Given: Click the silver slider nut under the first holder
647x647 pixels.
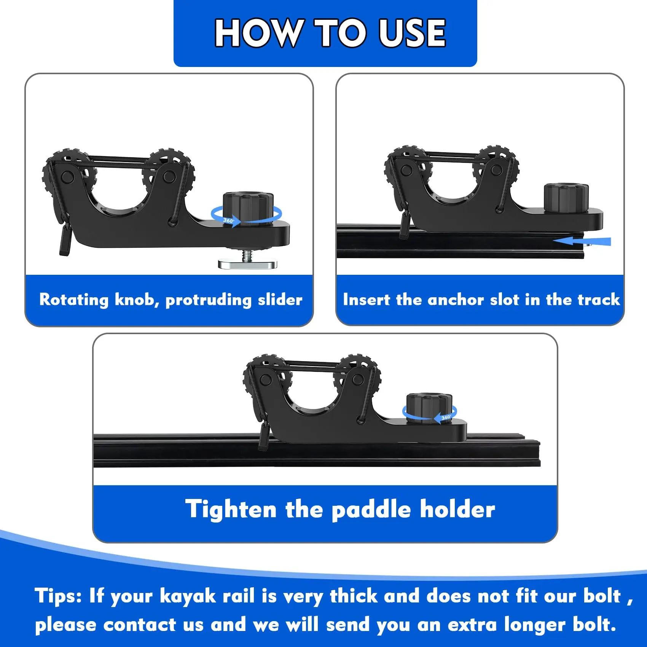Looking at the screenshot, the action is coord(247,264).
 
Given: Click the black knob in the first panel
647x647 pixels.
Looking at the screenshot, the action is coord(248,208).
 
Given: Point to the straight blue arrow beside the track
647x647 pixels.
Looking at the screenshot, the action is coord(582,241).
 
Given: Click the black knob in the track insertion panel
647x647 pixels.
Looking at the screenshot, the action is coord(566,199).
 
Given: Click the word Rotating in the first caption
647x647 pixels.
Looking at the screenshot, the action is coord(74,300).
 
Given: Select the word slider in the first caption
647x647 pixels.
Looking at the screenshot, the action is coord(280,300).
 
